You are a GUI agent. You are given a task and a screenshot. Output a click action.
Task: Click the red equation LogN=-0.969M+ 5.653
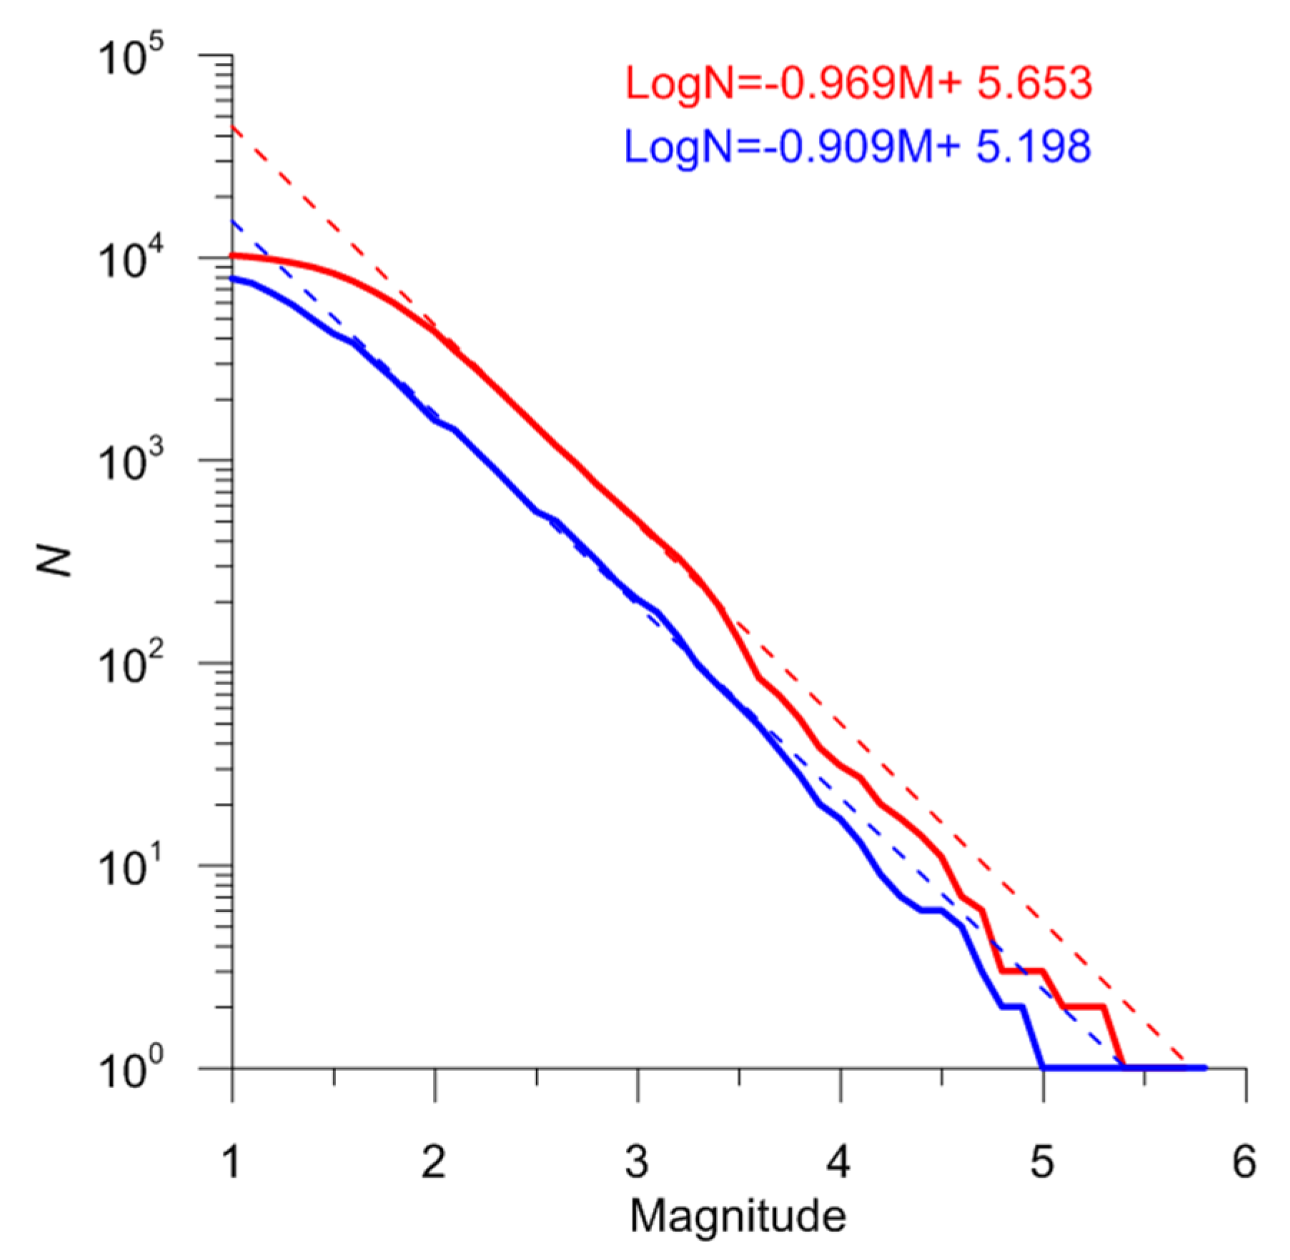(858, 84)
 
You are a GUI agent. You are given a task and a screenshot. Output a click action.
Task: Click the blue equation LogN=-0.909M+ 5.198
(858, 146)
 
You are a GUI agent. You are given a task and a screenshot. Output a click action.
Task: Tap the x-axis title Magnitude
(738, 1214)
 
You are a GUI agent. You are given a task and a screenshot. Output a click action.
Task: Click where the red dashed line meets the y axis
(233, 126)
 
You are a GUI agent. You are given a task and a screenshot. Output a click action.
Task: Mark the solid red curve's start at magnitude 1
(233, 255)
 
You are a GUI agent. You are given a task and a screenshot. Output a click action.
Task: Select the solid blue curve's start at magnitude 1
(233, 278)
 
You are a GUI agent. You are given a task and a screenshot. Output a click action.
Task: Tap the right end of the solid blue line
(1205, 1068)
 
